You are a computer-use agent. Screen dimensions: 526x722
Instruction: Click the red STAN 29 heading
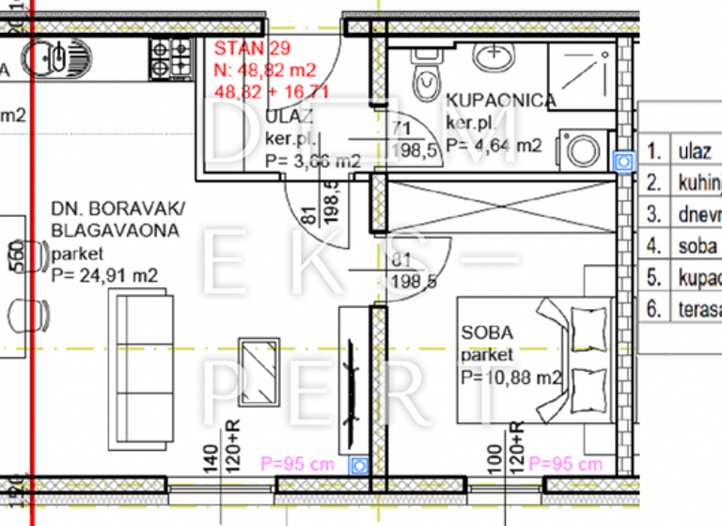251,49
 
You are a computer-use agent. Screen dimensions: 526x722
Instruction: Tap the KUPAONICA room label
501,101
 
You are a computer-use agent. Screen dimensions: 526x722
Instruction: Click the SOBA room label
487,333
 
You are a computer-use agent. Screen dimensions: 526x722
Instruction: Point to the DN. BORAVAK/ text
118,209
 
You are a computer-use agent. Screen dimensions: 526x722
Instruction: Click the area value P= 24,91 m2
104,275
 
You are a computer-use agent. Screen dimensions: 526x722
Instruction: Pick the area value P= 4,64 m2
494,146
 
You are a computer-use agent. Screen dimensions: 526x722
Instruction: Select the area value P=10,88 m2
510,378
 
